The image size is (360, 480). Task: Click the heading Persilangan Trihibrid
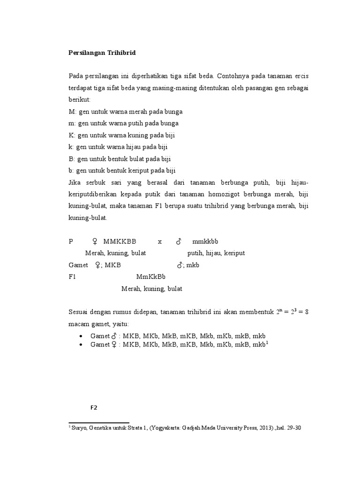102,53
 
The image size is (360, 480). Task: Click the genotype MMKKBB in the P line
120,242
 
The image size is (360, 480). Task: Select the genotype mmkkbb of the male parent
205,242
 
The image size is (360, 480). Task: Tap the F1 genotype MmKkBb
151,277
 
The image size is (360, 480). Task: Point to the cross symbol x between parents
160,242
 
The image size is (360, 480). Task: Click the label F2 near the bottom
94,407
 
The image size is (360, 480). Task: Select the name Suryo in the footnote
80,427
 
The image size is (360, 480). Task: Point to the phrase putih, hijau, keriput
216,253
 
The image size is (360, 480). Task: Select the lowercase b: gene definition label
71,171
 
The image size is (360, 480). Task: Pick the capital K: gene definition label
72,135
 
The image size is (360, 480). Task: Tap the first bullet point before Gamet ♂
82,337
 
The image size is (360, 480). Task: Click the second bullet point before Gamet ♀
82,345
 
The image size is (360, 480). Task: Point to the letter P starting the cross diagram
71,242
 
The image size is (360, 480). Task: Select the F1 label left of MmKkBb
72,277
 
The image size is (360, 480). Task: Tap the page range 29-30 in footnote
285,427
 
